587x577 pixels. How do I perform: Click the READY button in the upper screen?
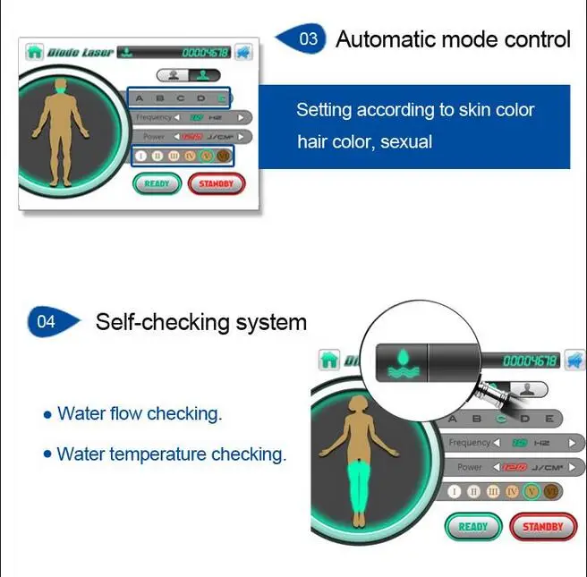click(x=157, y=183)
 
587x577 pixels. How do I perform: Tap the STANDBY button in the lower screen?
click(x=542, y=526)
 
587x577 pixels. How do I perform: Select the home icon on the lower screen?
click(x=329, y=360)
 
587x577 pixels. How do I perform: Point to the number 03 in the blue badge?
click(x=309, y=39)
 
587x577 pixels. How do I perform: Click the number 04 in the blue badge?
click(x=47, y=322)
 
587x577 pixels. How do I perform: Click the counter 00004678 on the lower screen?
click(x=531, y=361)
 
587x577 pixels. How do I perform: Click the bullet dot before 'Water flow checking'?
click(x=47, y=415)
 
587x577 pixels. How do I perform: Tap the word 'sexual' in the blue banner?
click(x=406, y=142)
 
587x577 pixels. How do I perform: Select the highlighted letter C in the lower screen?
click(x=501, y=418)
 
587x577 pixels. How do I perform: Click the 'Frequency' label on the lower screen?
click(x=469, y=443)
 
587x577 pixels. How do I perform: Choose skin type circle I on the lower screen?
click(x=455, y=491)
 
